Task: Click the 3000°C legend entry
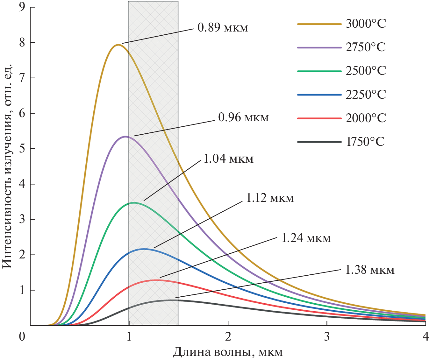(x=366, y=24)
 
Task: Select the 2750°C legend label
(x=366, y=47)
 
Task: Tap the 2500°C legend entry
(x=366, y=71)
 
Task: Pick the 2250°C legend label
(x=366, y=95)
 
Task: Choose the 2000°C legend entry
(x=366, y=118)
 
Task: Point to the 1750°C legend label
(x=365, y=142)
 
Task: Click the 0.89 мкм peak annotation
(x=223, y=28)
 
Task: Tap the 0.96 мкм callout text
(x=243, y=118)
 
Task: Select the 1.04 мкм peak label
(x=228, y=159)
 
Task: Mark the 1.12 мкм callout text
(x=269, y=198)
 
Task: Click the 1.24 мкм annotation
(x=306, y=238)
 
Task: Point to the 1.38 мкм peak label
(x=369, y=270)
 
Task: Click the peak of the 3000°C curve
(x=118, y=45)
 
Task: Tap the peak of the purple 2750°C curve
(x=125, y=137)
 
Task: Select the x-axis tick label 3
(x=327, y=337)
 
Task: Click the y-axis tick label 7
(x=22, y=78)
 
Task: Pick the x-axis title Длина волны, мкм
(x=228, y=352)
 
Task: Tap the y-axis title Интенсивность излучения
(x=8, y=166)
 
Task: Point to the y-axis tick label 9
(x=22, y=7)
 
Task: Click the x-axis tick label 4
(x=425, y=337)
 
